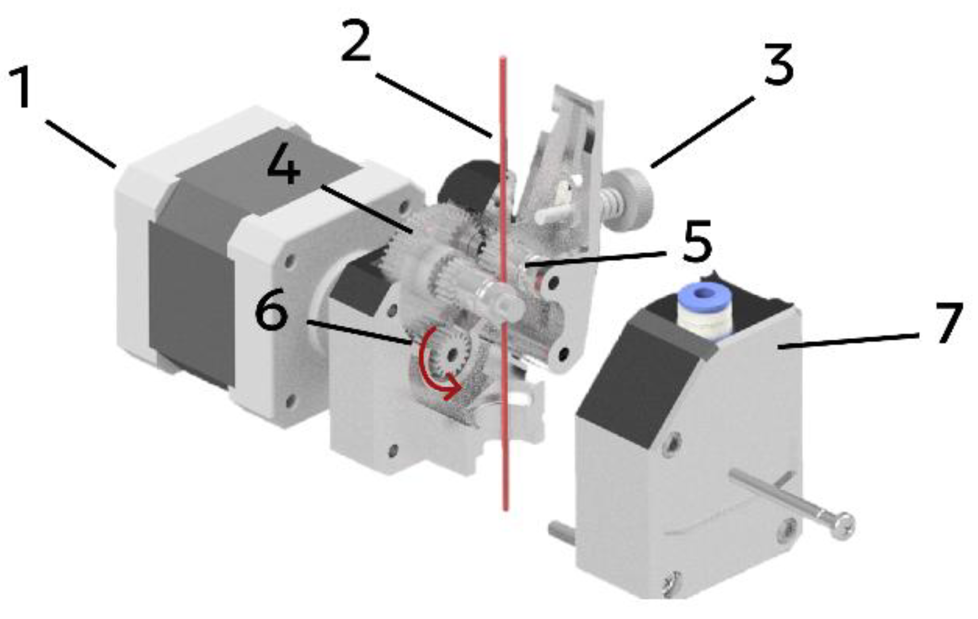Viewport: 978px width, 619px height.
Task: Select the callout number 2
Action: pyautogui.click(x=356, y=40)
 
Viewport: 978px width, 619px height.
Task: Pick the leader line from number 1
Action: pyautogui.click(x=81, y=144)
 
